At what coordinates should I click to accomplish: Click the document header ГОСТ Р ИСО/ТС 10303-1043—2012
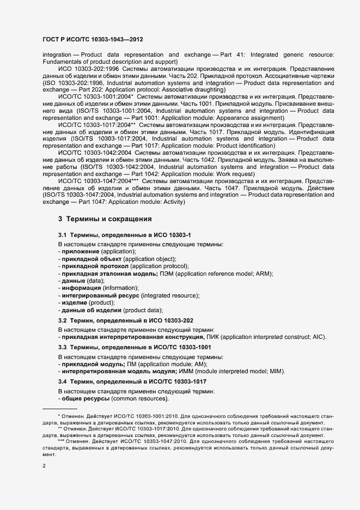[x=93, y=40]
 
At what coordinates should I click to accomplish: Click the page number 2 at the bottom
[x=45, y=466]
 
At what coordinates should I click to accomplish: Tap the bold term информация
[x=81, y=287]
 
